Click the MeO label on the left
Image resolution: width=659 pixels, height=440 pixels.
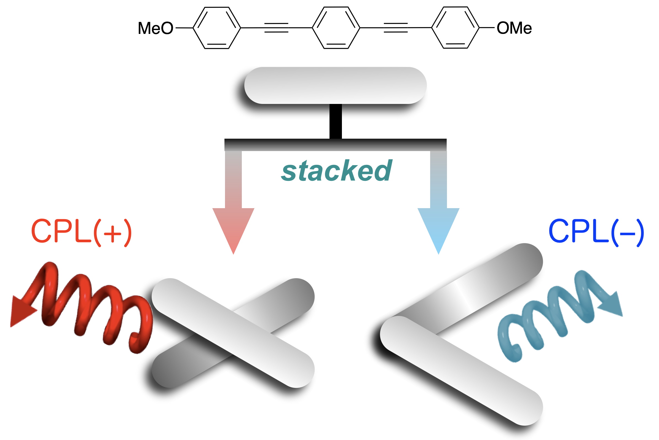pyautogui.click(x=156, y=28)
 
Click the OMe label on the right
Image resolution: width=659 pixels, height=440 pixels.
pyautogui.click(x=514, y=28)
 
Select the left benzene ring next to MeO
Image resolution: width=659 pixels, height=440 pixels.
pyautogui.click(x=217, y=28)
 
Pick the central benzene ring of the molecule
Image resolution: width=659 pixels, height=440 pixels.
pyautogui.click(x=336, y=28)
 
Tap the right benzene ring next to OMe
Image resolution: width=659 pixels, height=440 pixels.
pyautogui.click(x=455, y=28)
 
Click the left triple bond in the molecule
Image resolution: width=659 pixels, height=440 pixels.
pyautogui.click(x=276, y=28)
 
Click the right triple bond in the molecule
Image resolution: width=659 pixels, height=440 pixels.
pyautogui.click(x=395, y=28)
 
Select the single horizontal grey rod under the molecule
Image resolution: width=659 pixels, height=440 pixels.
pyautogui.click(x=335, y=85)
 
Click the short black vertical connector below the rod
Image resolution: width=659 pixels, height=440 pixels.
pyautogui.click(x=335, y=121)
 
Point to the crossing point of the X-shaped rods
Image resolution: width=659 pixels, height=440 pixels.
pyautogui.click(x=233, y=333)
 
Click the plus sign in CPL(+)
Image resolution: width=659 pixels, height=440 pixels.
pyautogui.click(x=112, y=233)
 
